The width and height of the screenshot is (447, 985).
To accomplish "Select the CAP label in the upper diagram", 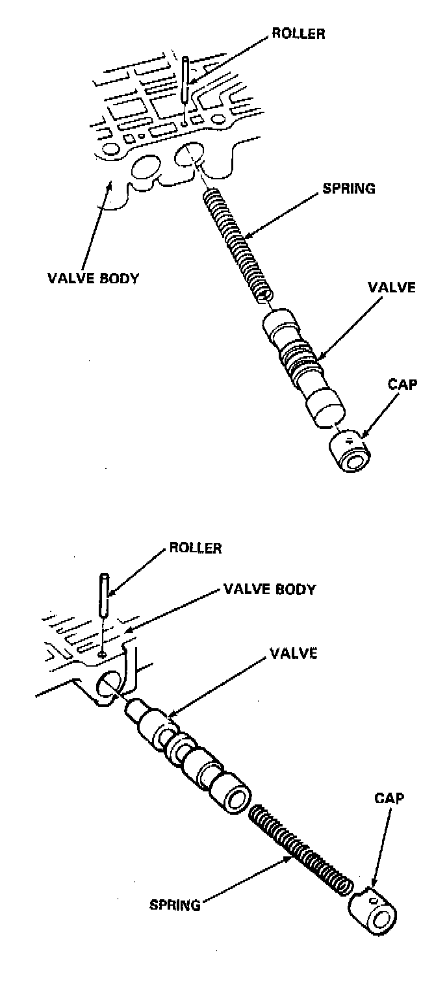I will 402,384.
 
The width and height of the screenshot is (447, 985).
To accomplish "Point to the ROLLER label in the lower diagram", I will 195,548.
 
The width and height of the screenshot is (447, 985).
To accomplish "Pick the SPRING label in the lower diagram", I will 174,904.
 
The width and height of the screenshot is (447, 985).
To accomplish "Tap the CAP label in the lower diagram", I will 389,799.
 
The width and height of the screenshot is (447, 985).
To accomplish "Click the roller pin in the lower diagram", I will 104,595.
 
